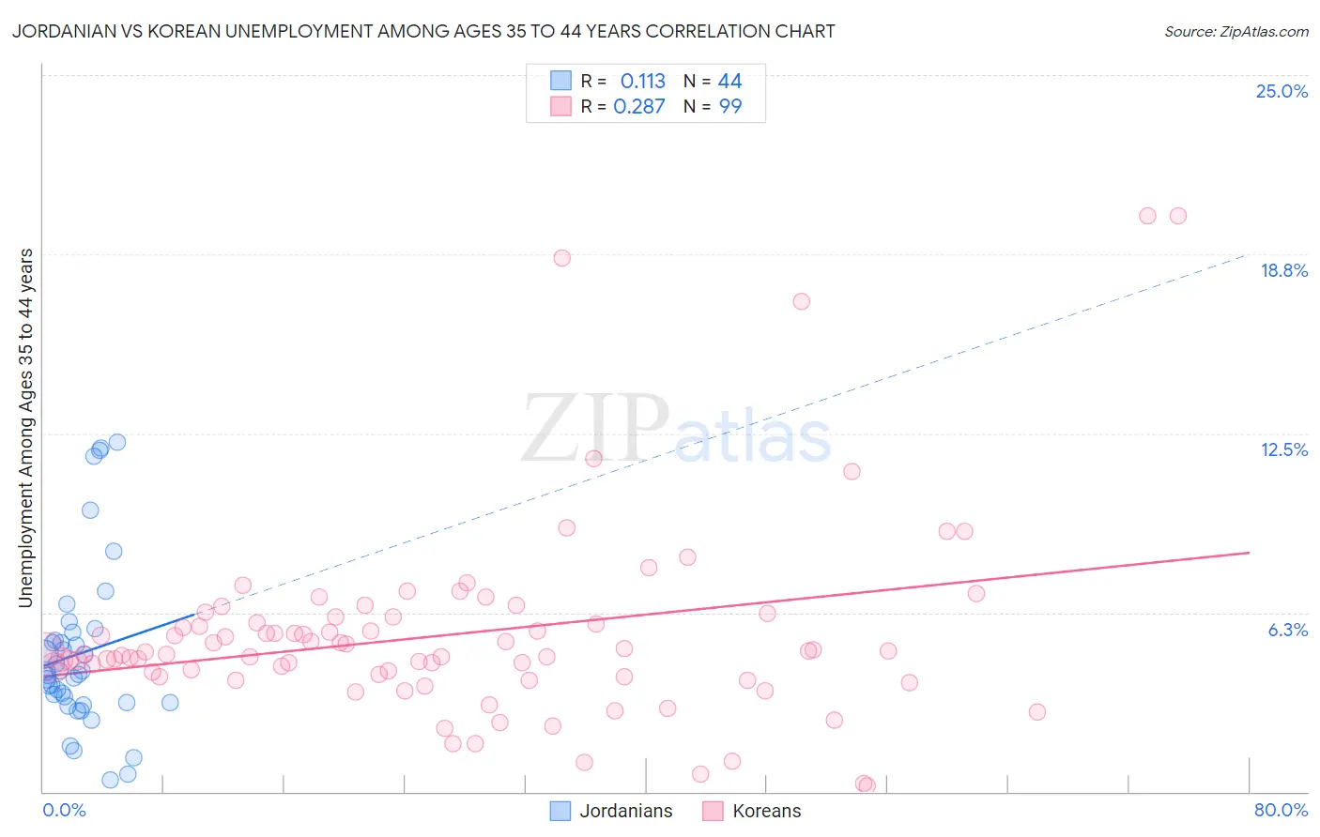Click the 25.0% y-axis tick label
point(1282,91)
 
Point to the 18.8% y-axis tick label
point(1283,270)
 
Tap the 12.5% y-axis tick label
point(1283,449)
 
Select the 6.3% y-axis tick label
point(1287,630)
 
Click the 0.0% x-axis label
point(64,810)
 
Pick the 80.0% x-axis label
point(1281,810)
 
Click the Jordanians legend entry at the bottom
point(625,811)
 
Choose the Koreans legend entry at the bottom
point(766,811)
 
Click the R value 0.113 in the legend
point(642,82)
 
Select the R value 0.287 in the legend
point(638,107)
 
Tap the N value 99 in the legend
point(730,107)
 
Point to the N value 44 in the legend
point(729,82)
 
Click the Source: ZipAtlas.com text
point(1236,32)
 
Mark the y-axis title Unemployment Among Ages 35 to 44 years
point(26,428)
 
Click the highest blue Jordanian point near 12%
point(117,442)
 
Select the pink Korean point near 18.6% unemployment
point(561,258)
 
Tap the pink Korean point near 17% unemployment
point(801,301)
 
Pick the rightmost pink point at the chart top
point(1178,216)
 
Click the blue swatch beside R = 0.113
point(560,81)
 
